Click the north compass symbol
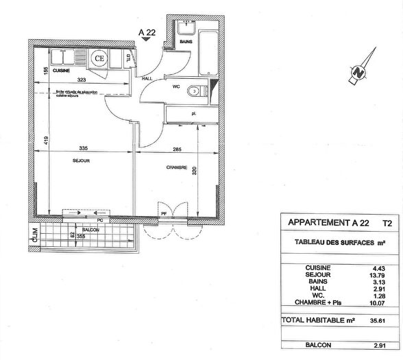358,71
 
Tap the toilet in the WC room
199,90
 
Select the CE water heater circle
100,59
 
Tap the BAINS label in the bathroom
185,43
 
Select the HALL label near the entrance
146,79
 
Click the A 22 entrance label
146,31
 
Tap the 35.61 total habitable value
374,320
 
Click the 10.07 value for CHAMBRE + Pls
374,302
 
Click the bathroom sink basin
184,28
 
